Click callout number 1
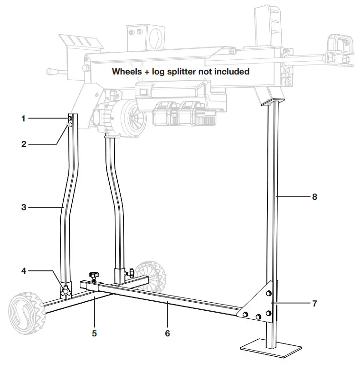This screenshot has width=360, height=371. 23,119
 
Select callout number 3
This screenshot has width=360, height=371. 23,207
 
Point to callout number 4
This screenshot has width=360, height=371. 23,271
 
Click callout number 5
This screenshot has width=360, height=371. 94,334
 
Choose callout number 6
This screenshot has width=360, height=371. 167,334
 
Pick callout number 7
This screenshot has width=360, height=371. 314,303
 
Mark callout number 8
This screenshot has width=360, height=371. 314,196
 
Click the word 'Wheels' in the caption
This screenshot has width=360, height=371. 125,72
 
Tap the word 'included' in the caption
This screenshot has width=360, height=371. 233,72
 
